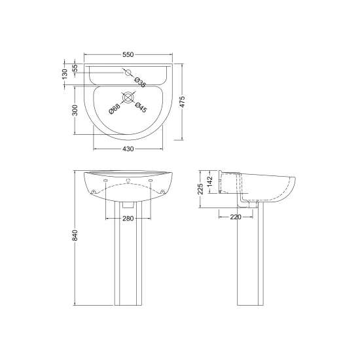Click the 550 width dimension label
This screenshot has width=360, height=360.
(x=128, y=54)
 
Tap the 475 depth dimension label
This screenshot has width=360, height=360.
(x=182, y=102)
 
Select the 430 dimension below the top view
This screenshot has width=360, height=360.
(x=128, y=149)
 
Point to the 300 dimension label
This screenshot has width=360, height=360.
(x=75, y=110)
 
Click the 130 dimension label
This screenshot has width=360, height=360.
(x=65, y=74)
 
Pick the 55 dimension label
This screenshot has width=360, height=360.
(x=75, y=68)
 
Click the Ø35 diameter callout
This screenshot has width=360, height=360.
(x=140, y=82)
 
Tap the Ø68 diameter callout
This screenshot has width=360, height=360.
(x=115, y=109)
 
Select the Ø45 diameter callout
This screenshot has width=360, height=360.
(x=141, y=107)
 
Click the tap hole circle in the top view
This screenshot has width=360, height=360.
(x=128, y=73)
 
